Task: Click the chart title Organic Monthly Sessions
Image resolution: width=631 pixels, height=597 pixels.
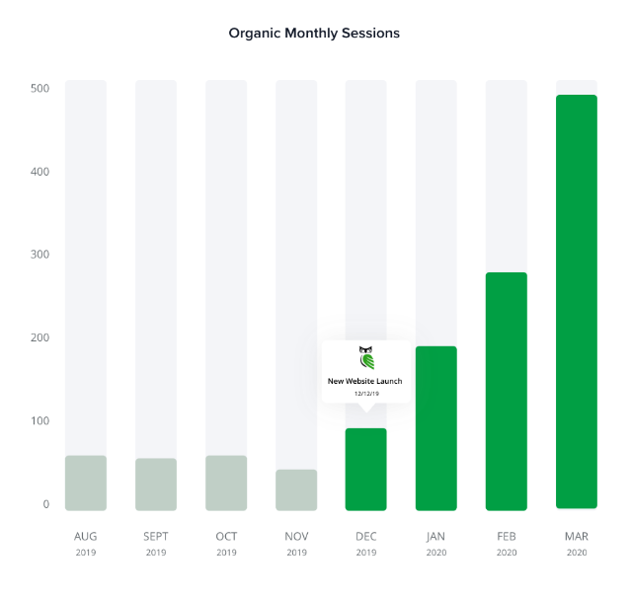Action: click(314, 33)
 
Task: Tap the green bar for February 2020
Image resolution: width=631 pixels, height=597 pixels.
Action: click(507, 391)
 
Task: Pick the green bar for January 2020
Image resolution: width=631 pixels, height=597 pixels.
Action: click(436, 428)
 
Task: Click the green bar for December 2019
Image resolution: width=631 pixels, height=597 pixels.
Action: click(366, 469)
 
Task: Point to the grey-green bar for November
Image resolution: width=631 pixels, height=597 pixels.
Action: click(296, 489)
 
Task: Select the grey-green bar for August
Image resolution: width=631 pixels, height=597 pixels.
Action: click(86, 483)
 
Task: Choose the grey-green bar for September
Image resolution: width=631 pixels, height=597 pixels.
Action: click(156, 484)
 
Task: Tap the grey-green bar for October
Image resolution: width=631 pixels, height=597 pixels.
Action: click(226, 483)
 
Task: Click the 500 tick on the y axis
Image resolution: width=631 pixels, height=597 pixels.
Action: click(39, 89)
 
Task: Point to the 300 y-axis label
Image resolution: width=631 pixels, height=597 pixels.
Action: click(39, 255)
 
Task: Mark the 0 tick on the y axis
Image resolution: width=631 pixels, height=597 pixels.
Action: click(45, 504)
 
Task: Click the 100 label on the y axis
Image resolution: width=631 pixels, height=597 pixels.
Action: click(39, 421)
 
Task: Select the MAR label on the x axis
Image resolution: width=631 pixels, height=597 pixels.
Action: click(577, 537)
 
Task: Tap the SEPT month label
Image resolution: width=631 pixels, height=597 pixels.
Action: click(156, 537)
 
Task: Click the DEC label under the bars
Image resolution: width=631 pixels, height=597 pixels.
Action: click(366, 537)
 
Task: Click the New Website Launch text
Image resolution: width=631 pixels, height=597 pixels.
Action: click(365, 381)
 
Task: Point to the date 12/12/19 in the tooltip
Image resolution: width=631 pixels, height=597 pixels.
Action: click(366, 394)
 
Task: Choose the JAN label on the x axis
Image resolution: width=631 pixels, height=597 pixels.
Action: click(436, 537)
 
